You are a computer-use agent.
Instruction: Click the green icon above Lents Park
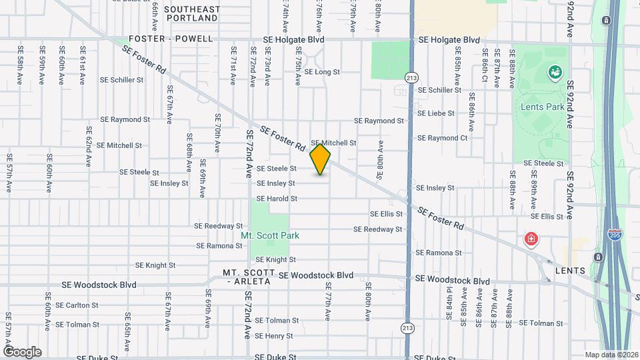(x=553, y=72)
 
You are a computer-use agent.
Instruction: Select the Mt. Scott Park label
(x=270, y=235)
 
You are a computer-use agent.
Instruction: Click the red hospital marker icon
(x=531, y=239)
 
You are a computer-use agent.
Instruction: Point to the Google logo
(x=22, y=352)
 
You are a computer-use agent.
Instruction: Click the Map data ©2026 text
(x=610, y=355)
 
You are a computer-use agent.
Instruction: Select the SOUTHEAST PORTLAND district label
(x=192, y=15)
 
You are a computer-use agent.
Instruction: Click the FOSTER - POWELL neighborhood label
(x=171, y=39)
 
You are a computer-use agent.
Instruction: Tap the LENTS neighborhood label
(x=571, y=271)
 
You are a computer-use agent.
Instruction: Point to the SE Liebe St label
(x=436, y=113)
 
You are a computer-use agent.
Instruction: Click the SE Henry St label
(x=275, y=336)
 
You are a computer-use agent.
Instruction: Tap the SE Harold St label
(x=277, y=199)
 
